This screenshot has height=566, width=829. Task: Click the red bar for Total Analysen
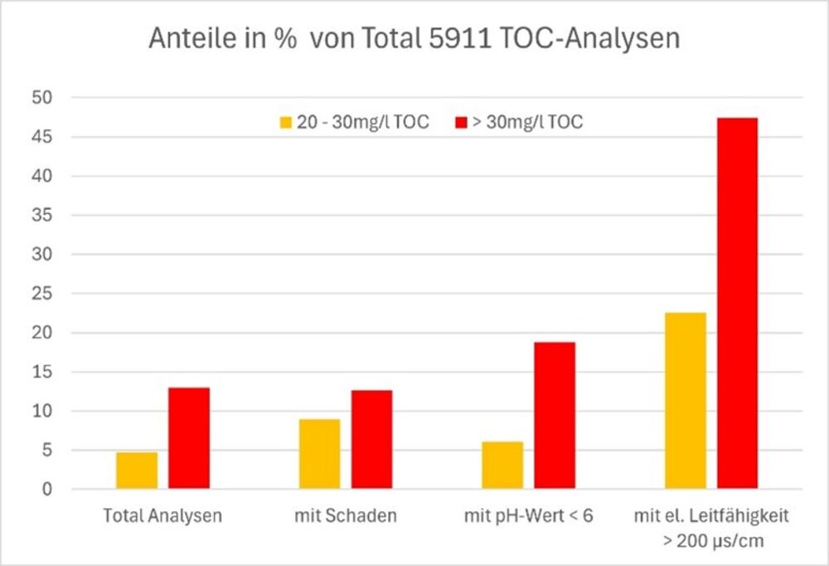[x=189, y=438]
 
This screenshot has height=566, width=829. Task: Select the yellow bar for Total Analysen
[x=137, y=471]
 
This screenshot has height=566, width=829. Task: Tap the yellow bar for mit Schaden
[x=319, y=454]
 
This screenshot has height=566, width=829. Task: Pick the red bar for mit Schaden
[x=371, y=439]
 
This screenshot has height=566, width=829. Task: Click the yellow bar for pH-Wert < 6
[x=502, y=466]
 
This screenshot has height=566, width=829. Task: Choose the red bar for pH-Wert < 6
[x=555, y=415]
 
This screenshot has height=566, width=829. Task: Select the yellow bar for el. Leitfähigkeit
[x=686, y=400]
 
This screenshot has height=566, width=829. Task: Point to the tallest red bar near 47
[x=738, y=303]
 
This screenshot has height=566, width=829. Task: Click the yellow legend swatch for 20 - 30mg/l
[x=285, y=123]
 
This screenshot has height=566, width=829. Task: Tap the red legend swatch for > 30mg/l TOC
[x=462, y=123]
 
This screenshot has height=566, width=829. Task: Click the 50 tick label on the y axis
[x=65, y=98]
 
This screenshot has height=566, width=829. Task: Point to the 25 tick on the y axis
[x=65, y=293]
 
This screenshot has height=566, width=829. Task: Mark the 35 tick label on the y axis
[x=65, y=215]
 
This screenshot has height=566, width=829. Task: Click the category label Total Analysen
[x=162, y=516]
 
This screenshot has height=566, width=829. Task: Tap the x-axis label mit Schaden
[x=345, y=516]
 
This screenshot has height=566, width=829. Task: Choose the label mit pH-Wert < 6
[x=528, y=516]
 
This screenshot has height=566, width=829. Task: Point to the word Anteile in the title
[x=185, y=39]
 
